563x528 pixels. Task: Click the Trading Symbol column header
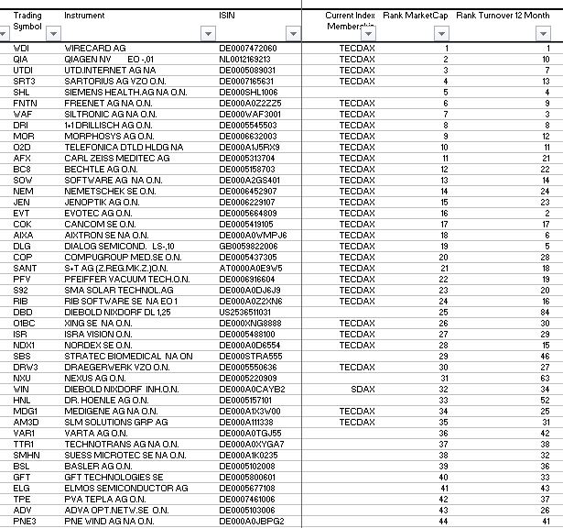tap(27, 20)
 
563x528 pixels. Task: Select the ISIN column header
tap(227, 16)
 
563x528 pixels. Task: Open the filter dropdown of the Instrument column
tap(205, 34)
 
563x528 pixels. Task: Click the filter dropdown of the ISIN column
tap(292, 34)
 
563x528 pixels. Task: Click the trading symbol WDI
tap(21, 48)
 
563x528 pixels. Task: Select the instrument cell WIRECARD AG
tap(95, 48)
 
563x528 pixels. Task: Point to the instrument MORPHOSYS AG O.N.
tap(108, 136)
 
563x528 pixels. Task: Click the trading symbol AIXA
tap(23, 235)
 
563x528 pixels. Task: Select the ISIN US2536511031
tap(244, 312)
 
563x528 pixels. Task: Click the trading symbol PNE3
tap(24, 521)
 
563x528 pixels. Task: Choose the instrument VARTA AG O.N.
tap(96, 433)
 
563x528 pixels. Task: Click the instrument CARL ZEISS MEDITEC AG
tap(117, 158)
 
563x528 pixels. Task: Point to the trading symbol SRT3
tap(24, 81)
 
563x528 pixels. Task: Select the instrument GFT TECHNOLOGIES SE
tap(114, 477)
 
